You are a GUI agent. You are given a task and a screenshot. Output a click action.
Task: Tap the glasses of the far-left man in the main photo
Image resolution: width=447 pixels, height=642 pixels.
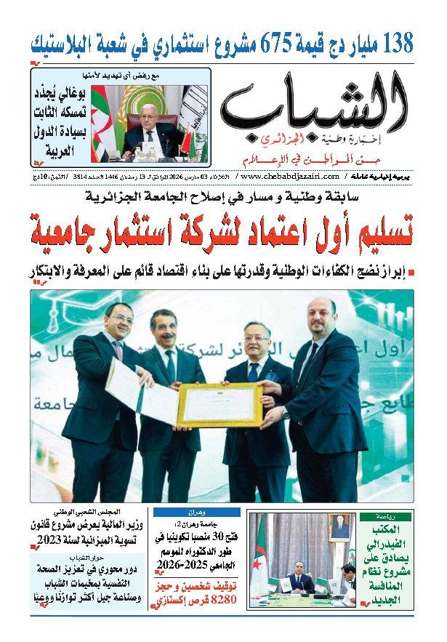tap(119, 319)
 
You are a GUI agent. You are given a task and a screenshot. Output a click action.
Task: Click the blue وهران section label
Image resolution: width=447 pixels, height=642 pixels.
tap(196, 511)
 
